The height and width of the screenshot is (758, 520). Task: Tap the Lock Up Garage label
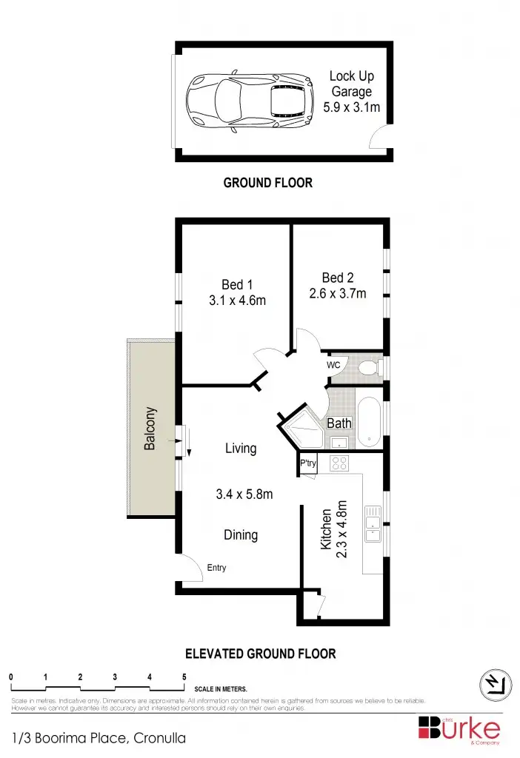(352, 84)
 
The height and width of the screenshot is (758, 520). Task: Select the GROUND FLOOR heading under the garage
(268, 182)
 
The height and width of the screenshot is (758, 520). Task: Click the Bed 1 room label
(237, 284)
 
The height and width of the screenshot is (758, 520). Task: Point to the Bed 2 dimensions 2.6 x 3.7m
(338, 293)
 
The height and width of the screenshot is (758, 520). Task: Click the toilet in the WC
(368, 366)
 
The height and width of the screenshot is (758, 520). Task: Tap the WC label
(333, 365)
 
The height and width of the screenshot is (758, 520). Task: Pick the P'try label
(308, 464)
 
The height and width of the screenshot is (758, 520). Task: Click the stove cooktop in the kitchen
(339, 464)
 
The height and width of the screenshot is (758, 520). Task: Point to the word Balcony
(150, 428)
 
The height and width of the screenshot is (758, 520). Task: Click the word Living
(241, 448)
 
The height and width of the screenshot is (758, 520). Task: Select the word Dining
(241, 534)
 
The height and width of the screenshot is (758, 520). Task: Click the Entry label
(216, 568)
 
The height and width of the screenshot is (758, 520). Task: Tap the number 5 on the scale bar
(184, 677)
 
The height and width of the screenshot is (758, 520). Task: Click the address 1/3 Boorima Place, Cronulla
(99, 737)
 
